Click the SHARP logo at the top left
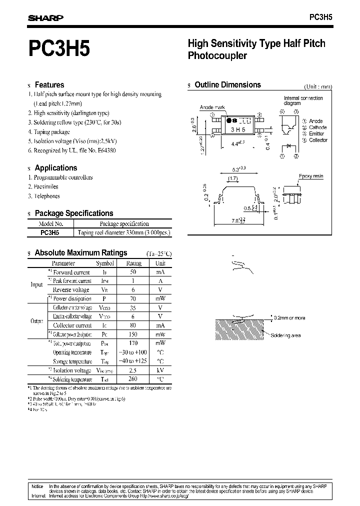point(45,17)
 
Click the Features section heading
point(49,85)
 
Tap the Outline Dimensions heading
point(227,85)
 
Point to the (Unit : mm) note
point(317,86)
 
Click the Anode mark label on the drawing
point(212,107)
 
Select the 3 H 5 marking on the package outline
point(238,129)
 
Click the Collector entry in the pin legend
point(318,140)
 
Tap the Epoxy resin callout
point(310,177)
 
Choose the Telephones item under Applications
point(46,196)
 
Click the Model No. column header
point(51,224)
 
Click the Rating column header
point(133,263)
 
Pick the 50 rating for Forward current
point(133,272)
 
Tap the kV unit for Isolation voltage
point(160,370)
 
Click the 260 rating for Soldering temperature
point(133,379)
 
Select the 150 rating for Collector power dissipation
point(133,334)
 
